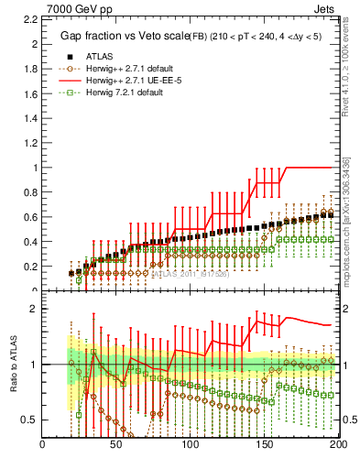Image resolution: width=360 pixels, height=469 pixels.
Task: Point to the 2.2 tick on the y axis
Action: [x=27, y=17]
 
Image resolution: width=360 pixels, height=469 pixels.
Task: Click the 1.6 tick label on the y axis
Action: [x=27, y=93]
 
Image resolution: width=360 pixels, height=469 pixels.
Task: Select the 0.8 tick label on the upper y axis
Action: [x=27, y=192]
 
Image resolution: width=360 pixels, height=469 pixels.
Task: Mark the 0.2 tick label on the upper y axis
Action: [x=27, y=267]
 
